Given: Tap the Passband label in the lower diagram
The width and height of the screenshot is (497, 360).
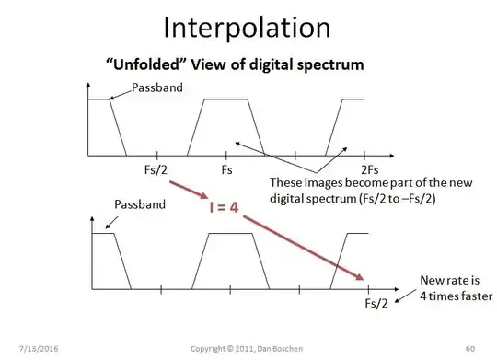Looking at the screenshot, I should coord(140,203).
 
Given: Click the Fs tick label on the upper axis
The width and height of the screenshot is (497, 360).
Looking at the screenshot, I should coord(226,170).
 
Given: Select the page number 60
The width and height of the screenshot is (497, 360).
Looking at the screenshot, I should coord(469,348).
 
